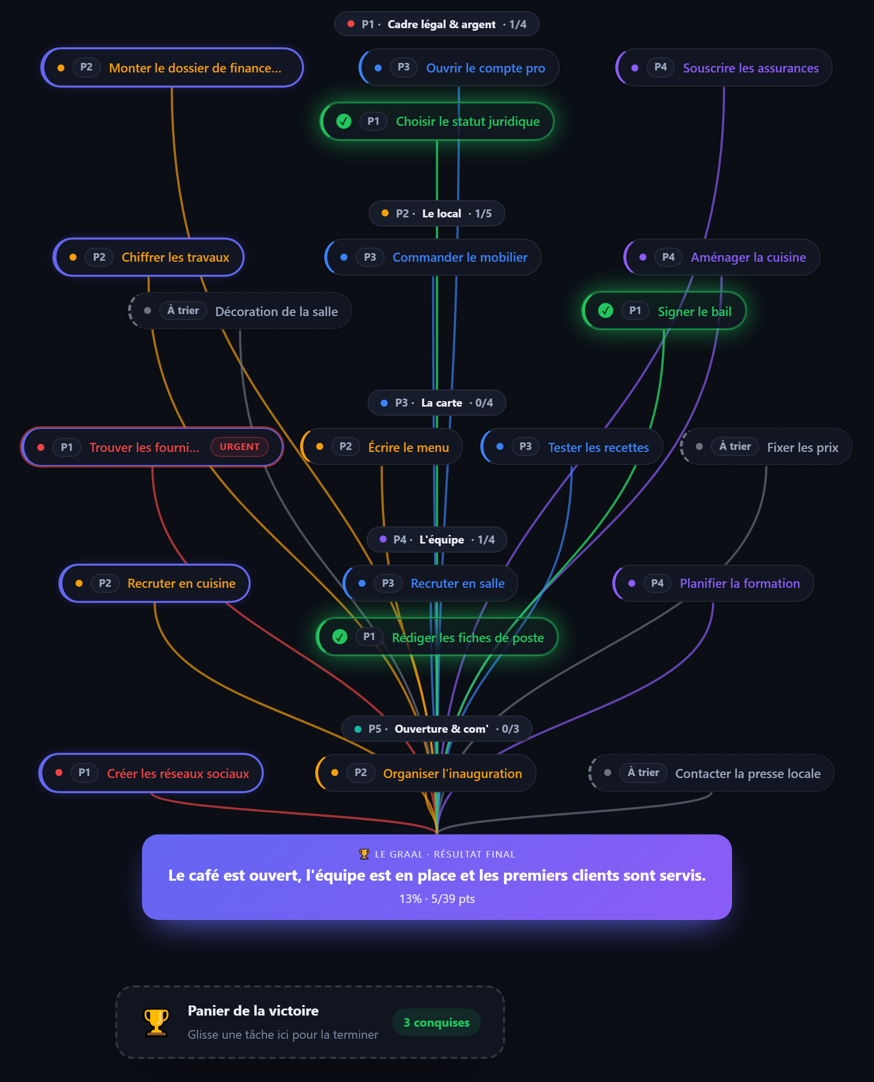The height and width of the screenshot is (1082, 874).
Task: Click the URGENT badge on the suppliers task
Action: [x=240, y=447]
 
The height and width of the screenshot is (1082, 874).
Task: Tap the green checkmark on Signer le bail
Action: [x=605, y=311]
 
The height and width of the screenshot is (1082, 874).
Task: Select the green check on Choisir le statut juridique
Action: [x=344, y=121]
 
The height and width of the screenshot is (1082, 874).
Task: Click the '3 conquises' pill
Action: [x=436, y=1022]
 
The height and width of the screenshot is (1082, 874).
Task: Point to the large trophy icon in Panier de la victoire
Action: [x=157, y=1022]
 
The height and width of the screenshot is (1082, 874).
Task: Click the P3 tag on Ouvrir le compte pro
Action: [x=403, y=67]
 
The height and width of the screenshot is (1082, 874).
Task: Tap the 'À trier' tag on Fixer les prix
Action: [x=735, y=446]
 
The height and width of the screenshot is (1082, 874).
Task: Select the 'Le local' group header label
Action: [x=442, y=213]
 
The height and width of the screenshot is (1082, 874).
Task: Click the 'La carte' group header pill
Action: [x=437, y=403]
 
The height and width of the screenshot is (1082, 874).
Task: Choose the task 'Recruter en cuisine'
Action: [x=155, y=583]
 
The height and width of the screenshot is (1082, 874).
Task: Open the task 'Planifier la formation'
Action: [x=713, y=583]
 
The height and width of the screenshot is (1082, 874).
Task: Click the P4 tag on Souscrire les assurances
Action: [x=661, y=67]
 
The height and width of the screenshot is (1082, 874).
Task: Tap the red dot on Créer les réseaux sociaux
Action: [x=59, y=772]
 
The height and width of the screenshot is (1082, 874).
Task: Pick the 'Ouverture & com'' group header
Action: [x=437, y=729]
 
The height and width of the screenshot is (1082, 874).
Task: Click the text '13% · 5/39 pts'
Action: [x=437, y=899]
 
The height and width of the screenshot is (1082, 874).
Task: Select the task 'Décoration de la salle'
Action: [x=240, y=311]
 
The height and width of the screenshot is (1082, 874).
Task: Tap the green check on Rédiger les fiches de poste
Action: [x=340, y=637]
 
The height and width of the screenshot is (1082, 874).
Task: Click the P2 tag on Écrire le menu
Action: [x=345, y=446]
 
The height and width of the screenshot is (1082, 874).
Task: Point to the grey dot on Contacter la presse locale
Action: [x=608, y=772]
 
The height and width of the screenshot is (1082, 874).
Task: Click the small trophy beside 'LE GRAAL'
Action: [x=364, y=854]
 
